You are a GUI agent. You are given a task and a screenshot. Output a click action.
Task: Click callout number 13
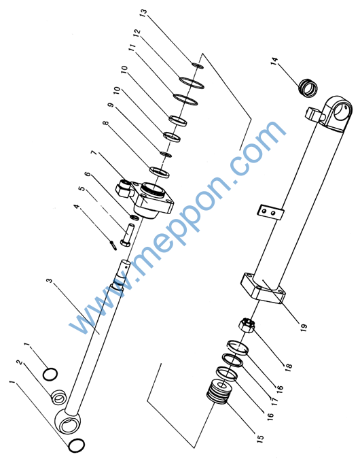[143, 13]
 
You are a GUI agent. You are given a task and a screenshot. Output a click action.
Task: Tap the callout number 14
[274, 61]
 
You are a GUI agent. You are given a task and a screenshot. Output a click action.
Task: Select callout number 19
[304, 326]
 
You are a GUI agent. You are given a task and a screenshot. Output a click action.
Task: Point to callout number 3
[50, 280]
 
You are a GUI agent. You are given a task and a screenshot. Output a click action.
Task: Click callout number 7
[94, 153]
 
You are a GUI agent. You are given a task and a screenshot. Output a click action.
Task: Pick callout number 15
[260, 438]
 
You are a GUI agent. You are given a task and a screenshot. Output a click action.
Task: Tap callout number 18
[288, 366]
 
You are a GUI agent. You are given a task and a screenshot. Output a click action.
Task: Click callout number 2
[20, 362]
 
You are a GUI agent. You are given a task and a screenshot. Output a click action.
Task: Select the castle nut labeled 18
[247, 325]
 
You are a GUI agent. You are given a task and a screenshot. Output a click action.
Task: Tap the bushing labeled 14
[308, 88]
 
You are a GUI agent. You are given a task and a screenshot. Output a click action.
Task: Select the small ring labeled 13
[198, 65]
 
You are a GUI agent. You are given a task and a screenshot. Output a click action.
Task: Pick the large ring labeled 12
[192, 83]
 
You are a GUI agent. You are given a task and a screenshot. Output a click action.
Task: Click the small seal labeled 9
[166, 154]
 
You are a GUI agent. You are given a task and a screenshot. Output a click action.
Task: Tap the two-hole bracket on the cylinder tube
[270, 211]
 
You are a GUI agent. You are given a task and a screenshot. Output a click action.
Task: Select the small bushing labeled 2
[59, 397]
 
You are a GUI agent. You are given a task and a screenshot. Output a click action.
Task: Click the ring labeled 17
[233, 360]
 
